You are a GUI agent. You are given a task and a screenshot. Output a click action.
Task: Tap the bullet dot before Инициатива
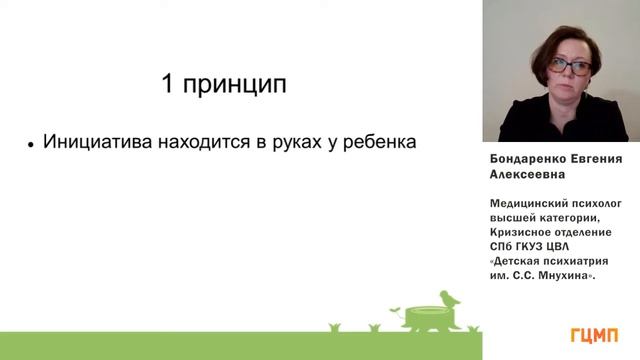(x=32, y=145)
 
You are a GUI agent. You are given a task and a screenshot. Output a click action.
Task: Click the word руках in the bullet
(x=300, y=144)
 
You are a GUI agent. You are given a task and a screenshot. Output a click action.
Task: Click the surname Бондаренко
(x=528, y=158)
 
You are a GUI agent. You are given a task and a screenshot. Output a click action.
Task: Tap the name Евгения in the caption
(x=597, y=158)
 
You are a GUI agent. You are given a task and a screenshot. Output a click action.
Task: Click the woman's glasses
(x=569, y=65)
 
